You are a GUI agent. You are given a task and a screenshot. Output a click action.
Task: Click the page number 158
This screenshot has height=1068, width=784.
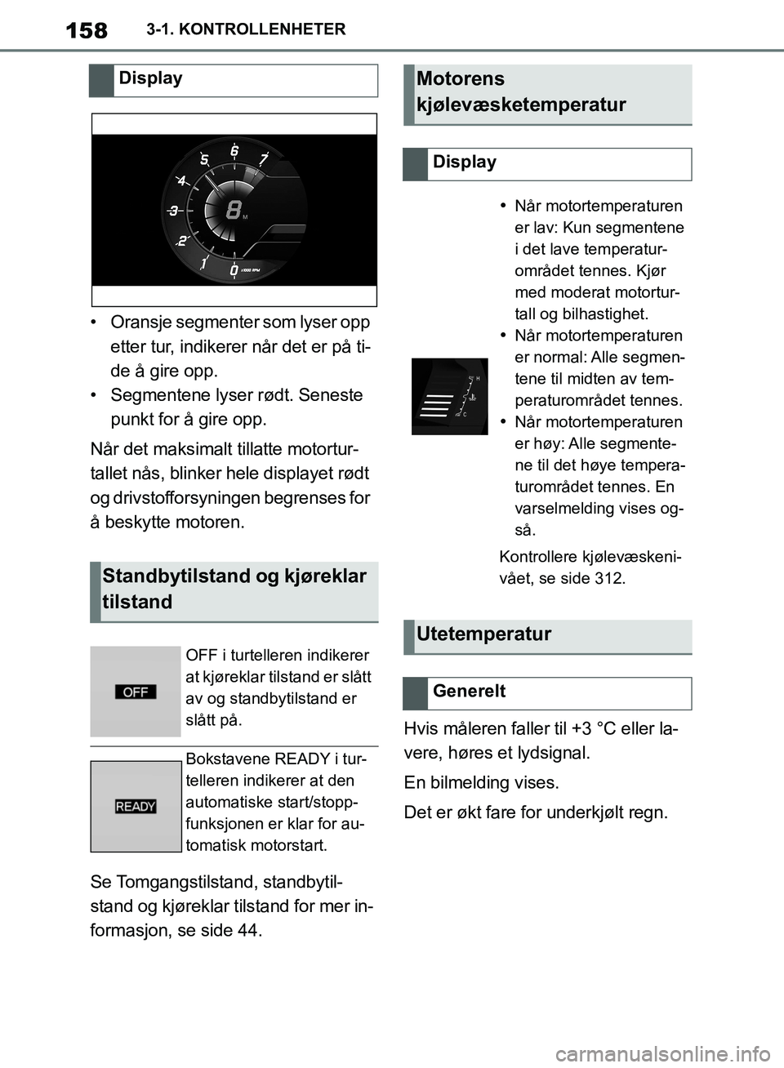(x=86, y=31)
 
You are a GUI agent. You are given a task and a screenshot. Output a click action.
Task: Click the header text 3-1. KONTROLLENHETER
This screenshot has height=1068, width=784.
(x=246, y=29)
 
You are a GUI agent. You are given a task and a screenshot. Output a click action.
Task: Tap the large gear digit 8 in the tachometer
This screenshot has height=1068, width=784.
(x=234, y=210)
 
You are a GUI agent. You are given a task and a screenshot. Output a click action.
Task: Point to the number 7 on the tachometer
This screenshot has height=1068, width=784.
(x=264, y=158)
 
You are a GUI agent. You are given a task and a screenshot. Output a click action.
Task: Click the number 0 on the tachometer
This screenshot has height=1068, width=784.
(x=234, y=270)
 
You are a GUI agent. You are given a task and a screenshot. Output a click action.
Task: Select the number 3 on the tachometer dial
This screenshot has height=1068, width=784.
(x=174, y=211)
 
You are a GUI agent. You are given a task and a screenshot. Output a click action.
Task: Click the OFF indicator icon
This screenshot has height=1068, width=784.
(x=136, y=692)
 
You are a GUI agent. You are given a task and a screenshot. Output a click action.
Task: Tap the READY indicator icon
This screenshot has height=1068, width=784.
(x=136, y=807)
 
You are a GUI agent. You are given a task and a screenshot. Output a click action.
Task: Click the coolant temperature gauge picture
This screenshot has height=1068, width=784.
(x=449, y=396)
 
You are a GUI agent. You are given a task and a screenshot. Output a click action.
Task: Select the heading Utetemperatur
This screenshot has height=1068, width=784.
(x=483, y=634)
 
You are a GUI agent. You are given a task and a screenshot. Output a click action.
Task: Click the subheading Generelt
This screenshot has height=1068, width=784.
(x=469, y=692)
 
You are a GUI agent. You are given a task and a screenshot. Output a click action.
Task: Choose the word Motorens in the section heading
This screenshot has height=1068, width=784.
(x=461, y=79)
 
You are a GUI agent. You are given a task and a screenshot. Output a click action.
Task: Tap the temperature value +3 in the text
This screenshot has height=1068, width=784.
(x=581, y=729)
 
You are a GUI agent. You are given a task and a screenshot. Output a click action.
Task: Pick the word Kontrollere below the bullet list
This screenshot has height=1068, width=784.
(x=538, y=558)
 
